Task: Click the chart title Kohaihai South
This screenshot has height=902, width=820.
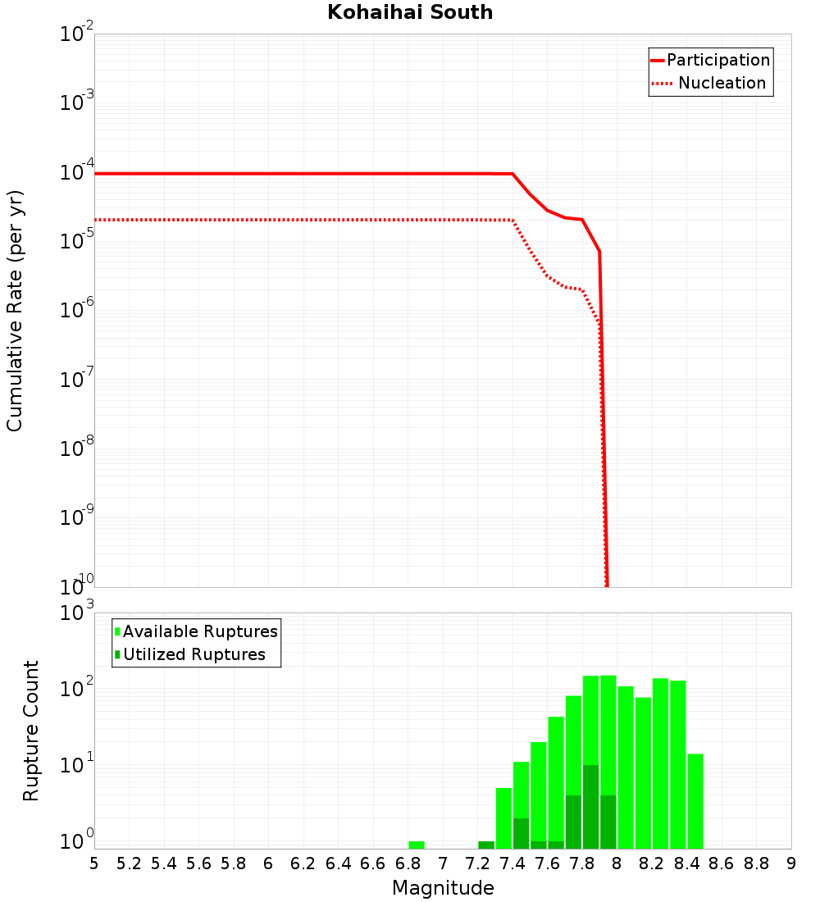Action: point(410,13)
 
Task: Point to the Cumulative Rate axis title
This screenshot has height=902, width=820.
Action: point(15,311)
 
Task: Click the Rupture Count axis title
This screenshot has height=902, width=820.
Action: point(31,731)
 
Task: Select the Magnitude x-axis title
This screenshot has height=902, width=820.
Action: point(443,888)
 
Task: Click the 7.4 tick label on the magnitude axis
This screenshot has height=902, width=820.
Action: point(512,863)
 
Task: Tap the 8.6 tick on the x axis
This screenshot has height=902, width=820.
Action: point(722,863)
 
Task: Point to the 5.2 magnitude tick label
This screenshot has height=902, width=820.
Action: point(130,863)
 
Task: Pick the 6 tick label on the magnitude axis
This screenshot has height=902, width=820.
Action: point(268,863)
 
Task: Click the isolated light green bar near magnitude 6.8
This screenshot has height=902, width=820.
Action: point(417,845)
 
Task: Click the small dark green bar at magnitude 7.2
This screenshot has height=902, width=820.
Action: point(486,845)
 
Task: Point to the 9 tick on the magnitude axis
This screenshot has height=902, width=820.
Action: point(791,863)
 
